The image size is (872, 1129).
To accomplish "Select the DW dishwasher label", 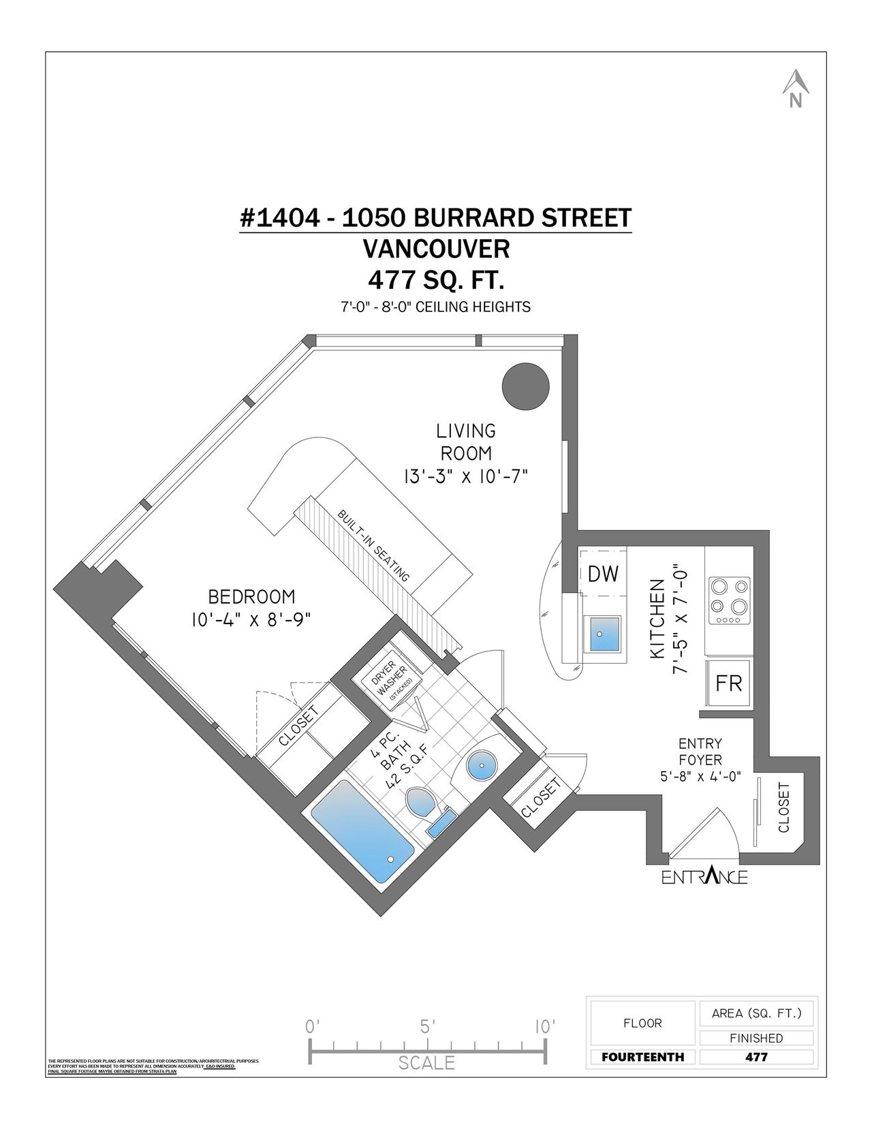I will [x=603, y=574].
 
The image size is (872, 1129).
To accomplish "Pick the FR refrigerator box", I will [x=728, y=683].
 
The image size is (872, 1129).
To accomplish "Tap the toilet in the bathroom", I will [x=422, y=805].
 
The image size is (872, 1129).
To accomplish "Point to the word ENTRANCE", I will [x=704, y=876].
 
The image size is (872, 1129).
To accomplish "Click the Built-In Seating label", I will [x=374, y=545].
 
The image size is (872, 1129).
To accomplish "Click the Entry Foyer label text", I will [x=700, y=752].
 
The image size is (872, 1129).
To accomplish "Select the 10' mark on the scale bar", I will [x=544, y=1026].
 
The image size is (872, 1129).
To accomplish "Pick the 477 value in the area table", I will [x=756, y=1057].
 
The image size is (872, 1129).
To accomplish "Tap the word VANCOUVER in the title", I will [x=436, y=249].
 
